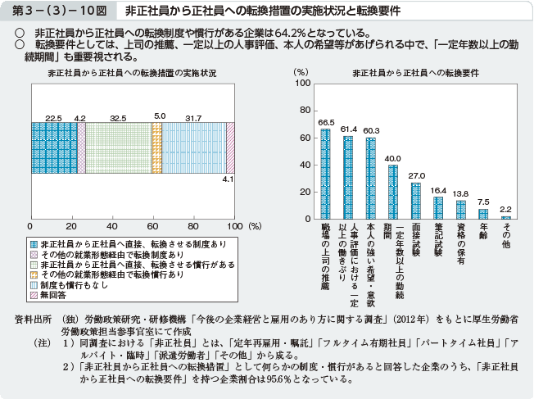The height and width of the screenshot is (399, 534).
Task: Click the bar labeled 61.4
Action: (x=348, y=178)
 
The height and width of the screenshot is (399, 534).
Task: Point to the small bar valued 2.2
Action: (x=506, y=218)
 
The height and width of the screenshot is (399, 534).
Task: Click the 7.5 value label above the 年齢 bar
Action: (x=483, y=202)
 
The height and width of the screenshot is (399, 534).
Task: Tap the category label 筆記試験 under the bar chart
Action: (x=438, y=241)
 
